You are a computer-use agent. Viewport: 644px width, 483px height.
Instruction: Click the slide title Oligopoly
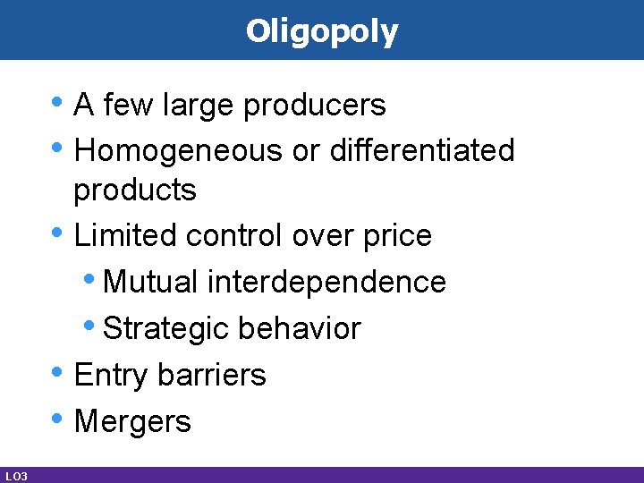[x=322, y=31]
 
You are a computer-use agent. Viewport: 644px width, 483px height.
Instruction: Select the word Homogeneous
[x=179, y=150]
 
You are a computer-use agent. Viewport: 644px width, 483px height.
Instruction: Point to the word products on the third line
[x=134, y=190]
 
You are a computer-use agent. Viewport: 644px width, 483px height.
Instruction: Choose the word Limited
[x=126, y=235]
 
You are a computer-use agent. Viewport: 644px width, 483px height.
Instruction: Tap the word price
[x=397, y=236]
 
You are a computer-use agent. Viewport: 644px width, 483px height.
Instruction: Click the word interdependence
[x=326, y=282]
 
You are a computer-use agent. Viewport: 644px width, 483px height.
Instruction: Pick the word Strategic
[x=165, y=328]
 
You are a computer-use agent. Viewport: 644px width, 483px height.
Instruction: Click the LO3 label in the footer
[x=15, y=476]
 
